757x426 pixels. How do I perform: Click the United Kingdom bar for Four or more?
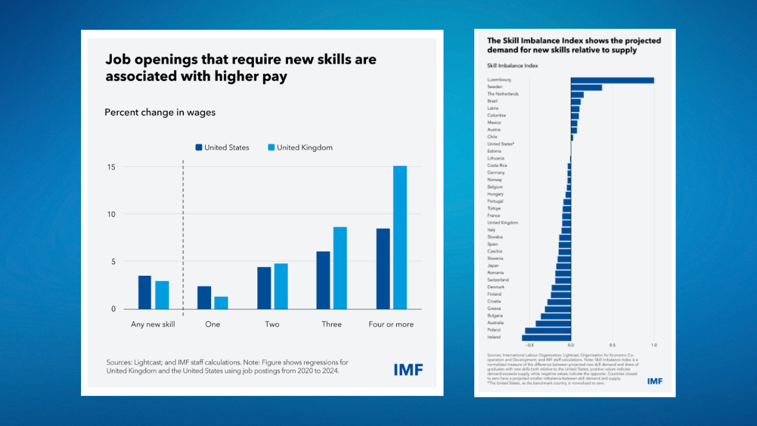400,237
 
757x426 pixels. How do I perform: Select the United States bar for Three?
323,280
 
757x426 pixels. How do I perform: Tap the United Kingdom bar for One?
221,302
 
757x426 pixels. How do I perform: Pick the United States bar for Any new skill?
145,292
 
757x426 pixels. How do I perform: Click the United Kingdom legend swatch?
271,147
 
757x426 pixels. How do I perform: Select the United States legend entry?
222,147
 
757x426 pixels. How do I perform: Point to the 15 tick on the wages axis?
111,167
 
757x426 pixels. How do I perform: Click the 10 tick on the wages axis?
111,214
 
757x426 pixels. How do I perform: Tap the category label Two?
272,324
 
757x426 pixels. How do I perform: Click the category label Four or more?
391,324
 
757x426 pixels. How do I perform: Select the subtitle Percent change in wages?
160,112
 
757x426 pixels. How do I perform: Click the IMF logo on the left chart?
408,370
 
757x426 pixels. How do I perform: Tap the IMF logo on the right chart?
655,381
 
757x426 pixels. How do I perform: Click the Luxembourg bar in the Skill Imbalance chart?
612,80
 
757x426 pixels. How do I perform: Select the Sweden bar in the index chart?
586,87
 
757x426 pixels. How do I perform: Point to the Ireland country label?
494,337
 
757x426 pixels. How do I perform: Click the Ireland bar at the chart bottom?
546,337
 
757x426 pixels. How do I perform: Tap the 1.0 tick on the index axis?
654,345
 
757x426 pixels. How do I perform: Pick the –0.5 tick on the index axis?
529,345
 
